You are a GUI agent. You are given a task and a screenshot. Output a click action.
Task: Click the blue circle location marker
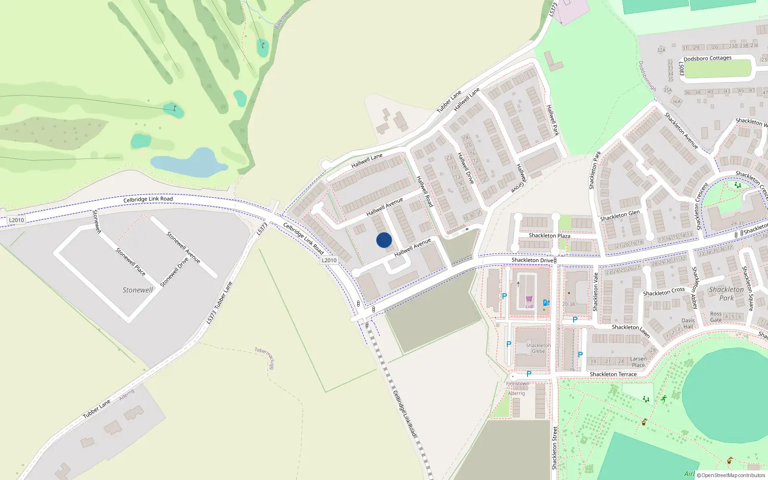coord(384,240)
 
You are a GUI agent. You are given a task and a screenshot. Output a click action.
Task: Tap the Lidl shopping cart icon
coord(529,299)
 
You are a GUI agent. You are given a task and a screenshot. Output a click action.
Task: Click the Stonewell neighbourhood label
coord(137,290)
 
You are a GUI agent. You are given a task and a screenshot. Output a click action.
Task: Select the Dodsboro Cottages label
coord(708,59)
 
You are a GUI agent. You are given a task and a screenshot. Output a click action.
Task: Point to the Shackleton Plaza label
coord(549,236)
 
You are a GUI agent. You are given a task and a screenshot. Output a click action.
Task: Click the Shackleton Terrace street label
coord(613,374)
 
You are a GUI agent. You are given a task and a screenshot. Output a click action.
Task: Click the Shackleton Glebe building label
coord(538,348)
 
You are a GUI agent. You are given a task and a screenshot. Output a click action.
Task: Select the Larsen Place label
coord(638,362)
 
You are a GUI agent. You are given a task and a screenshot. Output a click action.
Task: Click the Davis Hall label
coord(688,324)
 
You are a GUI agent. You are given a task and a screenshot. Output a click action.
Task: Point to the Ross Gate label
coord(716,317)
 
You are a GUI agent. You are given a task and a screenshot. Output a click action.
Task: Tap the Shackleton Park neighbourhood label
coord(726,293)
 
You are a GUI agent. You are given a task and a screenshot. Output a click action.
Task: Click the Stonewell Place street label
coord(131,262)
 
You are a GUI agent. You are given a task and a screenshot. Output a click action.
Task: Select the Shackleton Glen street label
coord(620,216)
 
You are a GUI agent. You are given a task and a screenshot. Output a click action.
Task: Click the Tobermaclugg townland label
coord(265,358)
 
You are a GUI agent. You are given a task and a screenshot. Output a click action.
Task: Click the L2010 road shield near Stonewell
coord(16,220)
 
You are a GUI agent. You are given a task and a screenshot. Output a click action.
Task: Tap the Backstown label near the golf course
coord(283,19)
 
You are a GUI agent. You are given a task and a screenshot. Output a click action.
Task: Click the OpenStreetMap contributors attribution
coord(731,475)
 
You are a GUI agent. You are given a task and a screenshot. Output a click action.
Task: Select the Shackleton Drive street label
coord(532,260)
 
